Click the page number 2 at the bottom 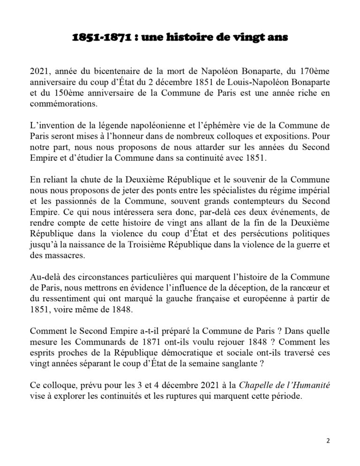[328, 441]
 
